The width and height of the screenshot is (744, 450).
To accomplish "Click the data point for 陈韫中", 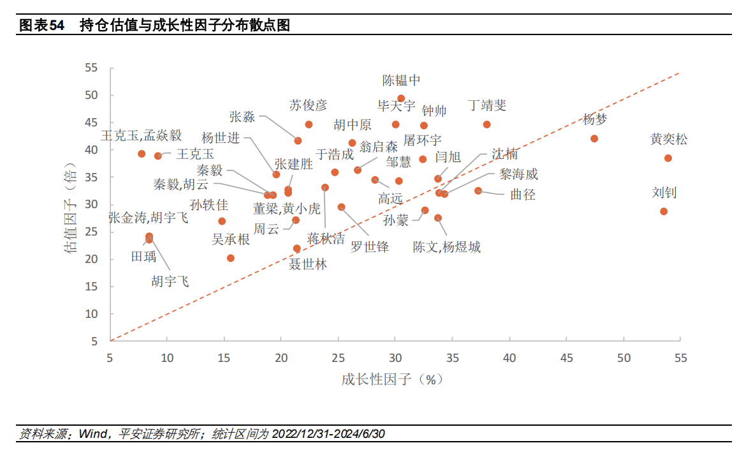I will pos(401,99).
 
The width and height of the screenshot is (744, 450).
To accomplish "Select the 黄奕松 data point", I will pos(668,158).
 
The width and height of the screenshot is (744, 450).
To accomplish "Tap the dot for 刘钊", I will pos(664,211).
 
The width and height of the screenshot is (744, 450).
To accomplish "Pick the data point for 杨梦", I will pos(594,139).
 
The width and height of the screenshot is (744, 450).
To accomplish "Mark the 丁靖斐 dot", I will pos(487,124).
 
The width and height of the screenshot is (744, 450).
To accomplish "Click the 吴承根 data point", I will pos(231,259).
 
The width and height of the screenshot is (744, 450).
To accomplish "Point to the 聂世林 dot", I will pos(296,248).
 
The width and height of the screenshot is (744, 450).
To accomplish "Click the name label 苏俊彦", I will pos(308,105).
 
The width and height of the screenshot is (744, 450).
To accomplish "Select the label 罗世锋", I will pos(370,247).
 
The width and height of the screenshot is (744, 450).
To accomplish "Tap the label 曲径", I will pos(523,195).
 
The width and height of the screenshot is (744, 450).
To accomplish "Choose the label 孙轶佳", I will pos(209,205).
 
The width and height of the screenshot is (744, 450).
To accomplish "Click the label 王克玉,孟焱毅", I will pos(142,135).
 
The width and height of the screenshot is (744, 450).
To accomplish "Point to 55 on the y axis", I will pos(91,68).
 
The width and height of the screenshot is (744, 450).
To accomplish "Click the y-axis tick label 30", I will pos(91,205).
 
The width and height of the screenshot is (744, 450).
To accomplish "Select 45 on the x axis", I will pos(566,358).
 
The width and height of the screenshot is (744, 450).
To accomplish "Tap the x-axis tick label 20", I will pos(281,358).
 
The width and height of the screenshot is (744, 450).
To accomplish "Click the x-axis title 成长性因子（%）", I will pos(392,379).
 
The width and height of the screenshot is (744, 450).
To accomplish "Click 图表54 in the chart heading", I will pos(42,26).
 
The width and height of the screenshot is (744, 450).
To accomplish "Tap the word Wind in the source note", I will pos(92,434).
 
